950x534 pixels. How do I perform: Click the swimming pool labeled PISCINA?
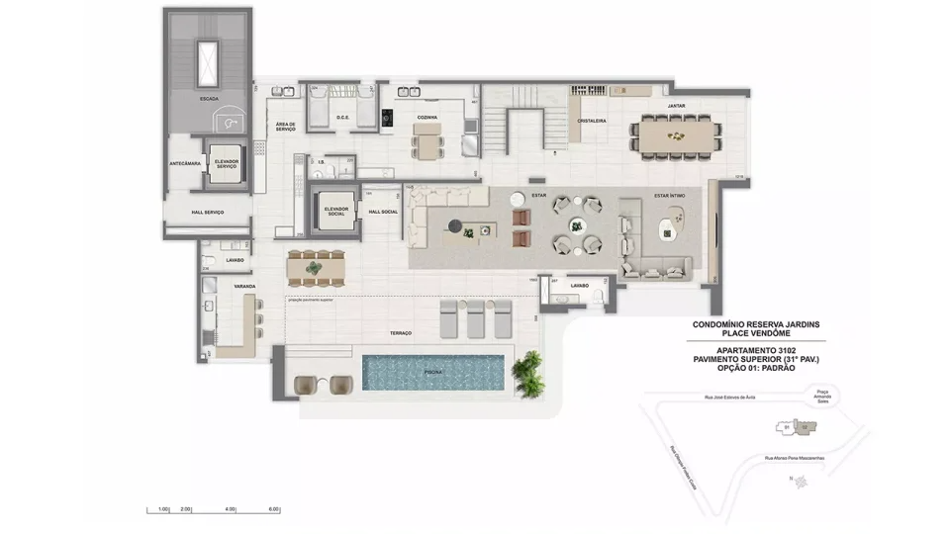pos(433,373)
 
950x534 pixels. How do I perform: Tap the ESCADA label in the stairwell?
pos(209,99)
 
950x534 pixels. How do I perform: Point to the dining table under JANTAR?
pos(677,133)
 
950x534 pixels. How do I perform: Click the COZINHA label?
pos(427,117)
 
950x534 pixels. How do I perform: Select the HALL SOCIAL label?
pos(382,212)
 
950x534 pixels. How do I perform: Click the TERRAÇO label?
pos(401,333)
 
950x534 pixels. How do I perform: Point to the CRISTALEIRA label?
pos(592,122)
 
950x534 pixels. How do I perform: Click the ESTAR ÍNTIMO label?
pos(669,195)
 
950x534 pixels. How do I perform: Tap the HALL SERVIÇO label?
pos(207,213)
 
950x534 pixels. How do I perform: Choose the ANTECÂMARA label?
pos(184,163)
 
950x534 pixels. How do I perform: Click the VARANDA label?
pos(244,286)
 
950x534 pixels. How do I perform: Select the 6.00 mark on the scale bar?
pos(273,508)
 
